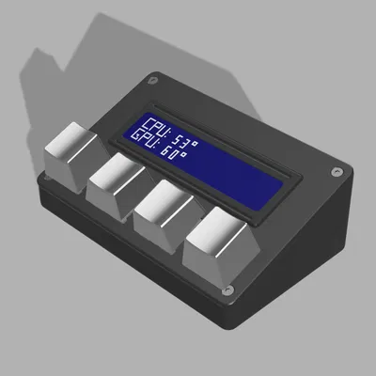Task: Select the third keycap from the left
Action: coord(163,208)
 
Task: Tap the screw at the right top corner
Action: coord(336,173)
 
